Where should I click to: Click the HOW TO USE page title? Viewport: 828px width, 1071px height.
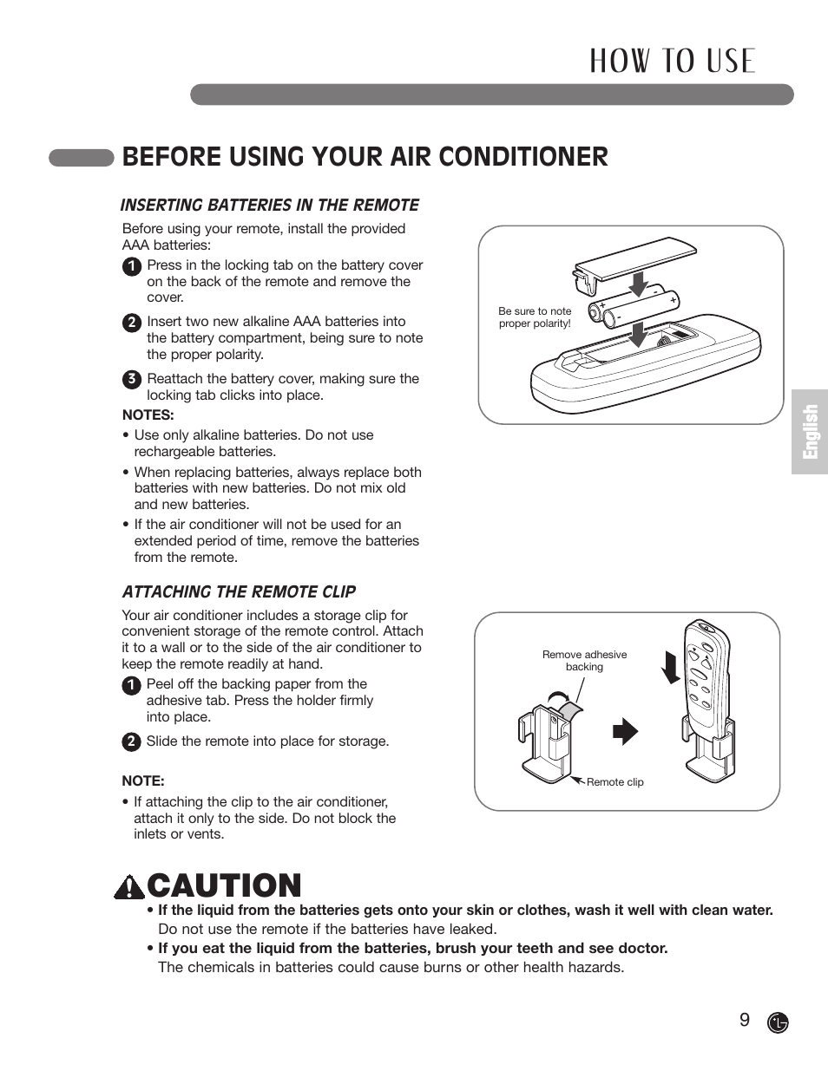point(673,61)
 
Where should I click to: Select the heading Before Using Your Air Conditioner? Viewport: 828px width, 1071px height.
point(365,157)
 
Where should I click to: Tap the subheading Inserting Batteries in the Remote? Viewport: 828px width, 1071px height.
point(269,206)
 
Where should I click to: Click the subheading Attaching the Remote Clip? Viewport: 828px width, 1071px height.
point(239,592)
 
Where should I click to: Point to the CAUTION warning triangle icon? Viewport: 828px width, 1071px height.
point(128,886)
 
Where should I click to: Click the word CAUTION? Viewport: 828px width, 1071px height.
point(224,886)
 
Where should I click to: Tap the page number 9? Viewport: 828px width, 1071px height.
point(744,1020)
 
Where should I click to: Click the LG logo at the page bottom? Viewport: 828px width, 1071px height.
point(778,1022)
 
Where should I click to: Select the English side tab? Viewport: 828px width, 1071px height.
point(809,431)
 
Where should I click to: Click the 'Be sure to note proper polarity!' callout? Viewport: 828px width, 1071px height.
point(535,317)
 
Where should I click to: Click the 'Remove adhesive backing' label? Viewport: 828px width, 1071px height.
point(584,661)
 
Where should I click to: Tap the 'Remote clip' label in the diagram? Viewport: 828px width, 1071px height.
point(614,782)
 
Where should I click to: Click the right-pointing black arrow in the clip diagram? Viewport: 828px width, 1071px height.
point(625,732)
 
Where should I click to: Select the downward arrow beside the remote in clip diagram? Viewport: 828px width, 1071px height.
point(670,667)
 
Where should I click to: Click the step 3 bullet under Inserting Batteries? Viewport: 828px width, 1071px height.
point(131,379)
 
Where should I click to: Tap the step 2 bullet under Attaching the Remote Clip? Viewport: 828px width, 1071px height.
point(130,741)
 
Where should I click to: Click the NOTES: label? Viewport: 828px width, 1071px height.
point(148,415)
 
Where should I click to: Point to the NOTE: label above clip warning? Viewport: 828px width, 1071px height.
point(143,781)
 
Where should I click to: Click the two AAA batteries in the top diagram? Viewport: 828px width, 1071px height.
point(635,306)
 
